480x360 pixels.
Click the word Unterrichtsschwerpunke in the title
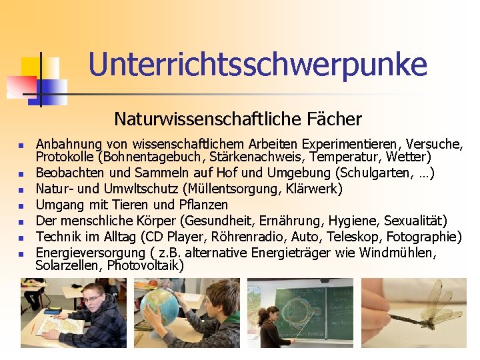(257, 65)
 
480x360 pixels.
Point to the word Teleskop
(357, 237)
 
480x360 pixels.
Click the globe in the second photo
(159, 307)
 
